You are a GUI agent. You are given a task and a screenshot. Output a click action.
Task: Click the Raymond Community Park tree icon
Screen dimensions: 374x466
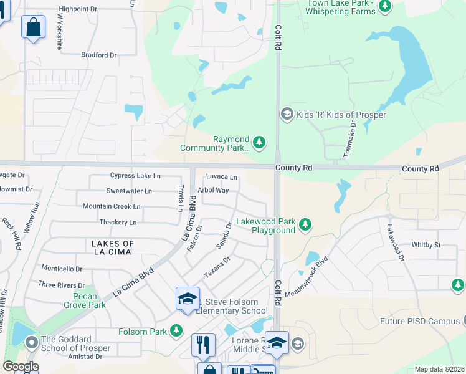tap(259, 143)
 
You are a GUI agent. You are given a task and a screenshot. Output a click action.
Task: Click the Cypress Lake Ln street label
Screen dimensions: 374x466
tap(135, 176)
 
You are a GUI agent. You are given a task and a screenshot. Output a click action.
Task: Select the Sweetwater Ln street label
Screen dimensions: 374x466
tap(129, 191)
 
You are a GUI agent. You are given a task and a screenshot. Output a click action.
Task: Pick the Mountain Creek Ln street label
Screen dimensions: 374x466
tap(112, 206)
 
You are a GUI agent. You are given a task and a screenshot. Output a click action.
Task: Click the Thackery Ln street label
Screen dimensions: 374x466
tap(118, 222)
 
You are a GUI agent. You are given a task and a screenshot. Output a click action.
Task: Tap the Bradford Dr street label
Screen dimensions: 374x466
tap(99, 55)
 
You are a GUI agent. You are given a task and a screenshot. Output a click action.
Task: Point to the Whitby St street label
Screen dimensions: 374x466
tap(426, 246)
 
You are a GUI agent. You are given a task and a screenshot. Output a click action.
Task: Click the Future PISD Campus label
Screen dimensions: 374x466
tap(419, 322)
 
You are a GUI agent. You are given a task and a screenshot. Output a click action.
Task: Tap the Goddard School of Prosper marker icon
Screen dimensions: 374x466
tap(31, 342)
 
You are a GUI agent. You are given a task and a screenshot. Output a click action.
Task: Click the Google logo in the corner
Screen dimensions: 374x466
tap(20, 367)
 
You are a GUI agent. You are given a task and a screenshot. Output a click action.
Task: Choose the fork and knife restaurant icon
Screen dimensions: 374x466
tap(203, 345)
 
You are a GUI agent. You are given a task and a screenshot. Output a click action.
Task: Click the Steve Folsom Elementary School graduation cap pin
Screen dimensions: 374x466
tap(188, 298)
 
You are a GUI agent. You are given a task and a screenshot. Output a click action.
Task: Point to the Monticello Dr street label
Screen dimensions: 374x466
tap(62, 269)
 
